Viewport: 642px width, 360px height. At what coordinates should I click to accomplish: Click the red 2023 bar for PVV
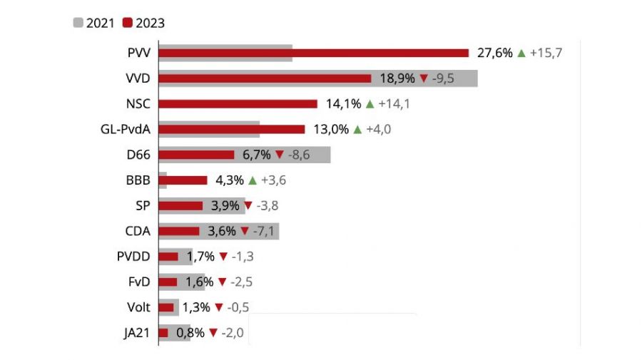coord(313,53)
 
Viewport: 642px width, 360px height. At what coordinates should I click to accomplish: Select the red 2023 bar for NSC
coord(238,103)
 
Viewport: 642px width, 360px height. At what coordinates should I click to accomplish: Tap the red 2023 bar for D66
coord(196,155)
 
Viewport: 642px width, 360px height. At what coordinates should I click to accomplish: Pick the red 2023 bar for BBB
coord(183,180)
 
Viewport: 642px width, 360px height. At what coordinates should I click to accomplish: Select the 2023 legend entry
coord(143,23)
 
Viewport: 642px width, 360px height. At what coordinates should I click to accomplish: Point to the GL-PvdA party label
coord(126,129)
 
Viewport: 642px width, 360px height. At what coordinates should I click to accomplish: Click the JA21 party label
coord(136,333)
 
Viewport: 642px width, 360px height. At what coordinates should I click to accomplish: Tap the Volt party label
coord(138,307)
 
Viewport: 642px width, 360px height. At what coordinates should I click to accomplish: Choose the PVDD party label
coord(133,256)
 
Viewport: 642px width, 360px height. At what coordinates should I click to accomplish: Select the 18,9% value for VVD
coord(397,78)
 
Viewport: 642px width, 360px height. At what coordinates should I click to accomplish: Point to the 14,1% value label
coord(343,104)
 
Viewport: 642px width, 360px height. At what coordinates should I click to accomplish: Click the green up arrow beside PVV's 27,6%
coord(521,53)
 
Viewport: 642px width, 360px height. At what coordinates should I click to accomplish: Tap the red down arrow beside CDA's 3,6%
coord(244,231)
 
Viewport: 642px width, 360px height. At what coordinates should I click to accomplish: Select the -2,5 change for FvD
coord(241,282)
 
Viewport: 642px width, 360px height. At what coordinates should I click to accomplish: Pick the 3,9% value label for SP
coord(225,205)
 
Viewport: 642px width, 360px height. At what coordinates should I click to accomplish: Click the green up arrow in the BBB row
coord(252,180)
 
